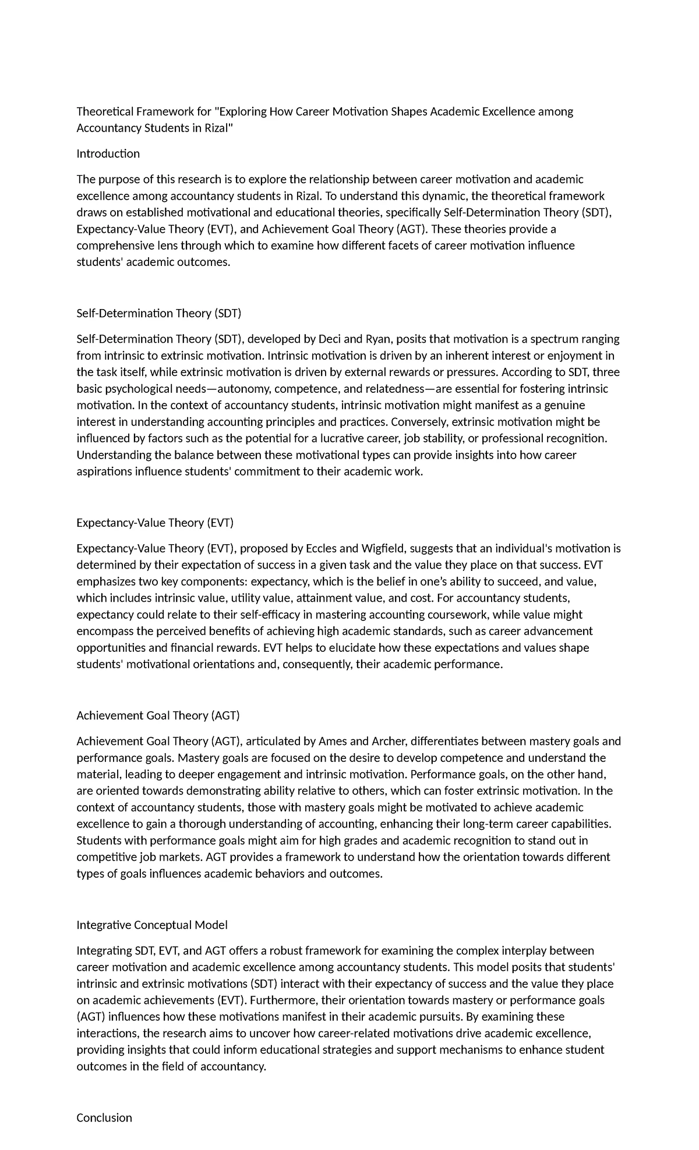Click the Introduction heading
108,154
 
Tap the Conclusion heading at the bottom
104,1117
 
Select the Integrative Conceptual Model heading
151,925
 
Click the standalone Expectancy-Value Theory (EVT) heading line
154,523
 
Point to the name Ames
333,741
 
